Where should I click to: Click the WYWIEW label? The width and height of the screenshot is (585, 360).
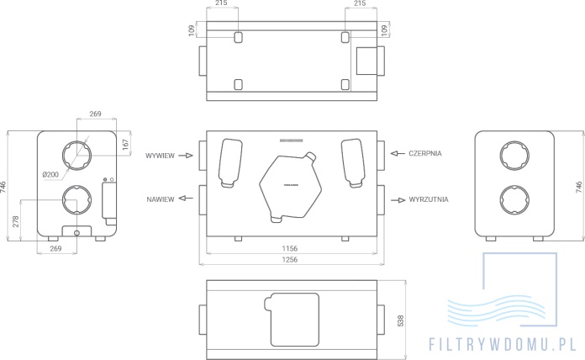160,156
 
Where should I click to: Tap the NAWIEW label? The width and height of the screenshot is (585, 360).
161,199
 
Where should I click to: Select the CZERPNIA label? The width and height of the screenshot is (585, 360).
425,153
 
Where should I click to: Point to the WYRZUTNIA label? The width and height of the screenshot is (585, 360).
429,199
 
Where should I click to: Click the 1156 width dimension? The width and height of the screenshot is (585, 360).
290,248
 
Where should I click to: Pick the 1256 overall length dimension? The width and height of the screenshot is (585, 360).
290,260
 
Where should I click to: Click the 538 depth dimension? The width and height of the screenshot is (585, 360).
400,320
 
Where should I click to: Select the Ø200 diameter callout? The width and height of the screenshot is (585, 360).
50,174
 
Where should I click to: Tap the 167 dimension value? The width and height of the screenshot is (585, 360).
125,145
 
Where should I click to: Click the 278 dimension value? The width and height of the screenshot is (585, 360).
16,222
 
